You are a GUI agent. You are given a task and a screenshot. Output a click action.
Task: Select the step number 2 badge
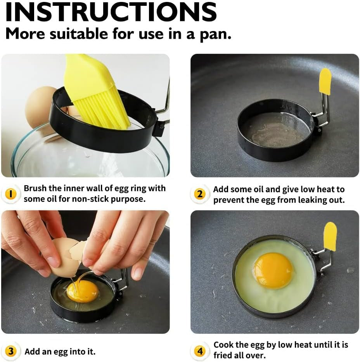199,194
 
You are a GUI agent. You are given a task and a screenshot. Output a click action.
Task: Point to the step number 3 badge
11,352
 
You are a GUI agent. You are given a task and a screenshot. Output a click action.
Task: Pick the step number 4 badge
199,352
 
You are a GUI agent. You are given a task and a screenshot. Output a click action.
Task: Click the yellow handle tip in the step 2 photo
325,81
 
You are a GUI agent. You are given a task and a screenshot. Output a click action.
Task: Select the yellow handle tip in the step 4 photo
330,236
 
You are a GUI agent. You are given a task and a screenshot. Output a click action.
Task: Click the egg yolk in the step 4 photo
273,271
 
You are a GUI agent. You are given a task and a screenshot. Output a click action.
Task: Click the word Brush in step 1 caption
35,189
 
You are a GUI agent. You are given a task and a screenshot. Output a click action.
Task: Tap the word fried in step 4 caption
223,355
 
